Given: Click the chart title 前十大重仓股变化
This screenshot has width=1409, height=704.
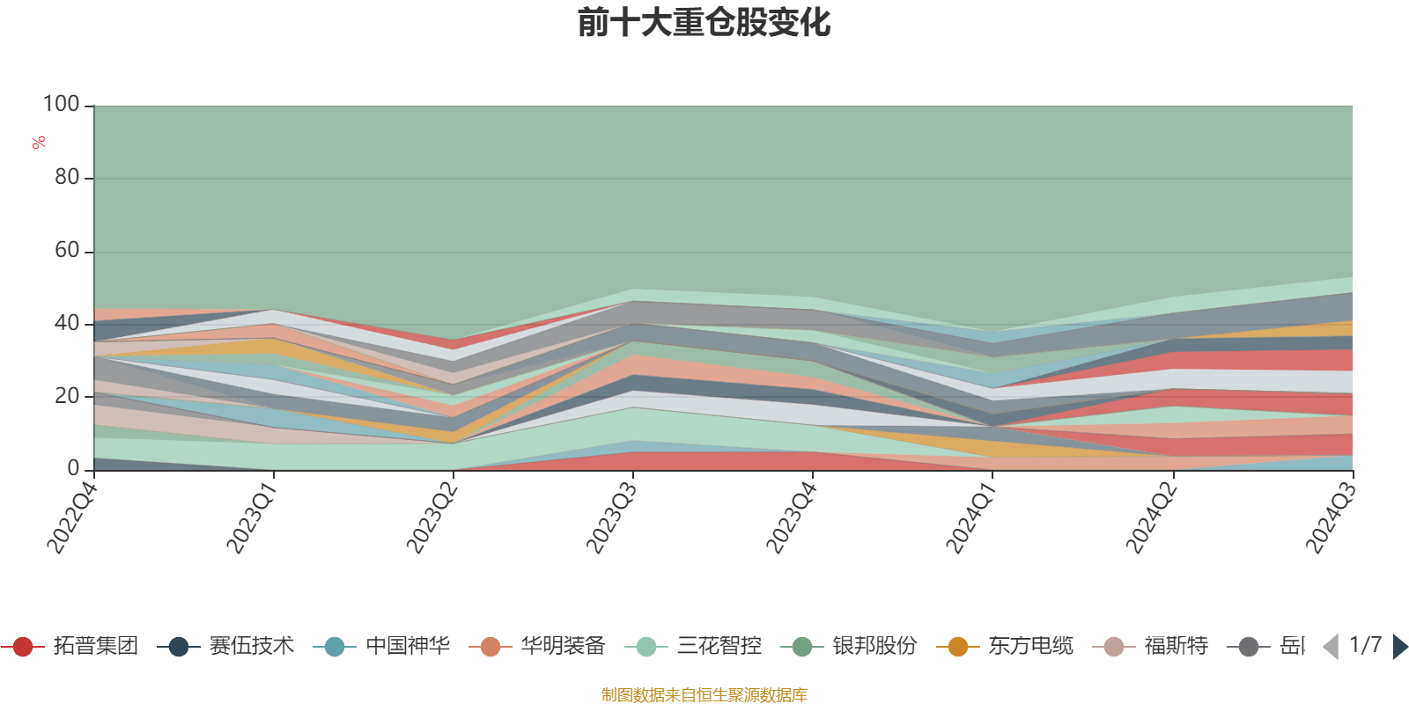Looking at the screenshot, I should [x=704, y=23].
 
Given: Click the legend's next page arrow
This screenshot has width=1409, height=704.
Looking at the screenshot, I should [x=1399, y=647].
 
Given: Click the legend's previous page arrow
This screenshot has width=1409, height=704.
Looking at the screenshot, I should [x=1331, y=647].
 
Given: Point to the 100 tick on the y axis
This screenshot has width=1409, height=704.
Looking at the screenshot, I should [x=62, y=105].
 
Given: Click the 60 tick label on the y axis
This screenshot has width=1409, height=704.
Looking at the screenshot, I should [x=67, y=251].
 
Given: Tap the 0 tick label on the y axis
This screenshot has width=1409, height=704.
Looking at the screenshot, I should [x=74, y=468].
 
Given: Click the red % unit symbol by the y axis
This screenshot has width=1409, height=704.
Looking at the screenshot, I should [x=39, y=143].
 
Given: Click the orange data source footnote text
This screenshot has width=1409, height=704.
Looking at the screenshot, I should [x=704, y=695].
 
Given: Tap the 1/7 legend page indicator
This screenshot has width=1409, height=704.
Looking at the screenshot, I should [x=1365, y=645].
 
